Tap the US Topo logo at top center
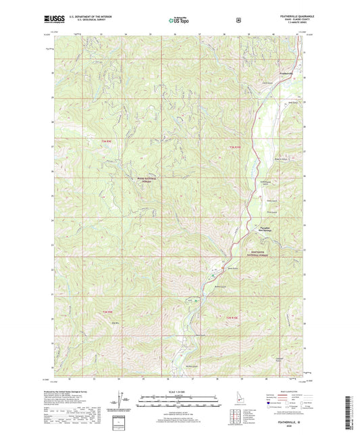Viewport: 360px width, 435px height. pyautogui.click(x=179, y=21)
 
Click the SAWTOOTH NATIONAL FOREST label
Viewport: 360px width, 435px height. pyautogui.click(x=256, y=252)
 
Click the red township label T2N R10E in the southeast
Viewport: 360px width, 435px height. pyautogui.click(x=231, y=317)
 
